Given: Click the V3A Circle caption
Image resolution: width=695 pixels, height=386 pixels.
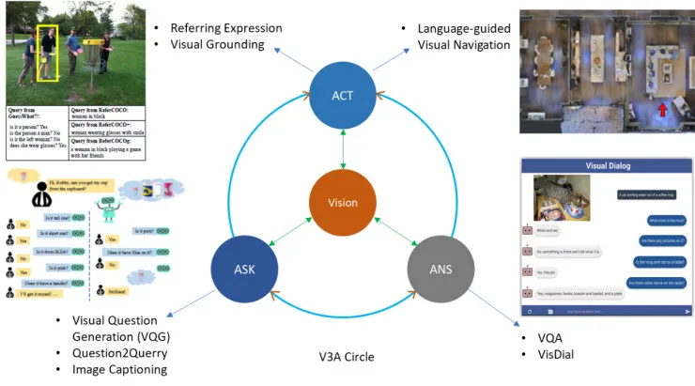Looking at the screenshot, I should coord(347,357).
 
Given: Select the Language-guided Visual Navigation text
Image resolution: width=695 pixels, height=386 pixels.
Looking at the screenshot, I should coord(464,36).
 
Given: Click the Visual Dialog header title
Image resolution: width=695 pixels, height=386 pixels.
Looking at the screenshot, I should coord(607,166).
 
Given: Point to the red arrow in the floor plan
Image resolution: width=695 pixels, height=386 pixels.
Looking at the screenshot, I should coord(662,112).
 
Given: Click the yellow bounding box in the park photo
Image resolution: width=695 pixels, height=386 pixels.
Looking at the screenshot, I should coord(47,53).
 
